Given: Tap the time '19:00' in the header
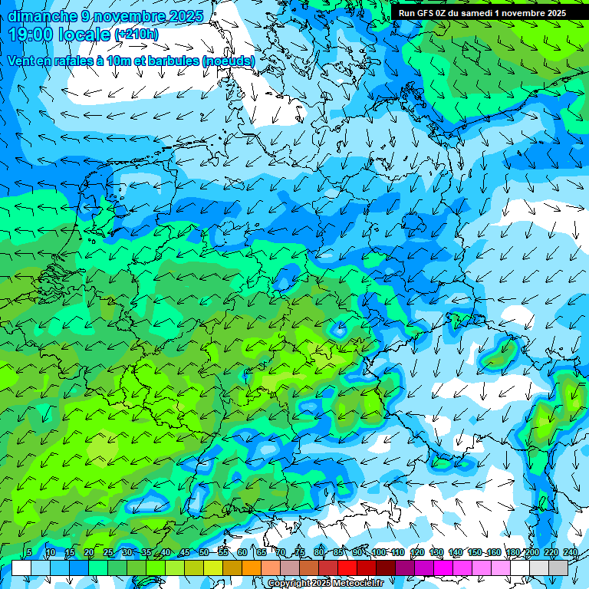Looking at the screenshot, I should pyautogui.click(x=33, y=35).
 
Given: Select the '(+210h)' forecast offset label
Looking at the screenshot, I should pyautogui.click(x=136, y=35).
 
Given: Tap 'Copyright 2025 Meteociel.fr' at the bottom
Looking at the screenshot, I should pyautogui.click(x=325, y=584).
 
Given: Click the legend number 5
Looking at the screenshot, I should pyautogui.click(x=29, y=552).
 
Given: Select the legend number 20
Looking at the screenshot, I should pyautogui.click(x=89, y=552).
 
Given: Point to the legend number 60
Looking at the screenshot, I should pyautogui.click(x=242, y=552).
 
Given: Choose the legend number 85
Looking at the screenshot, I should pyautogui.click(x=338, y=552).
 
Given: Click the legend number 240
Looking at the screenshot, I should pyautogui.click(x=570, y=552).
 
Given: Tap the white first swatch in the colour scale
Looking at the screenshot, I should pyautogui.click(x=21, y=568).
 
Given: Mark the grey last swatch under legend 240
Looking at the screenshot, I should pyautogui.click(x=558, y=568).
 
